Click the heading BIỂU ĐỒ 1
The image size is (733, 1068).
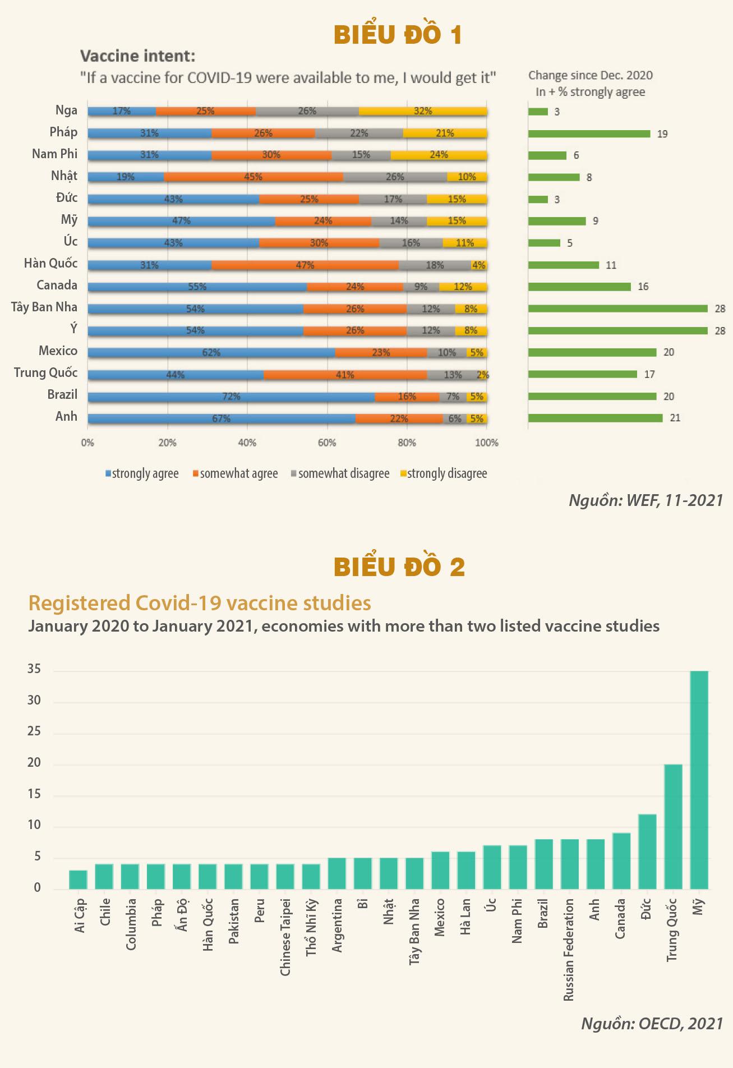398,35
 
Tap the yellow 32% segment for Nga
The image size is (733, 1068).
423,111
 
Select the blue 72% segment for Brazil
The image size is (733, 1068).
231,397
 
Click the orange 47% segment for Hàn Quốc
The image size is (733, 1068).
305,265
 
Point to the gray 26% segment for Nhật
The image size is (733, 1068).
395,177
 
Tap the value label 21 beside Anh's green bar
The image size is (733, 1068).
675,418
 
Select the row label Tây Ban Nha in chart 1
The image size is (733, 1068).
44,307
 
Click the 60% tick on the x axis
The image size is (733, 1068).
327,443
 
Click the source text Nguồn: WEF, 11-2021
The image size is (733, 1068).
646,500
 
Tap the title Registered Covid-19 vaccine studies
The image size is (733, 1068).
200,603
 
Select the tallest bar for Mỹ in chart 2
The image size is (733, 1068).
699,780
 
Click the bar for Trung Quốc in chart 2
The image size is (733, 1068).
673,826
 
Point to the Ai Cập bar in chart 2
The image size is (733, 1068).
78,880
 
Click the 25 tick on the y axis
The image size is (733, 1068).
34,731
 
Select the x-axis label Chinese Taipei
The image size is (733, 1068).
285,937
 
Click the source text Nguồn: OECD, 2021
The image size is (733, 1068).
652,1024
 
